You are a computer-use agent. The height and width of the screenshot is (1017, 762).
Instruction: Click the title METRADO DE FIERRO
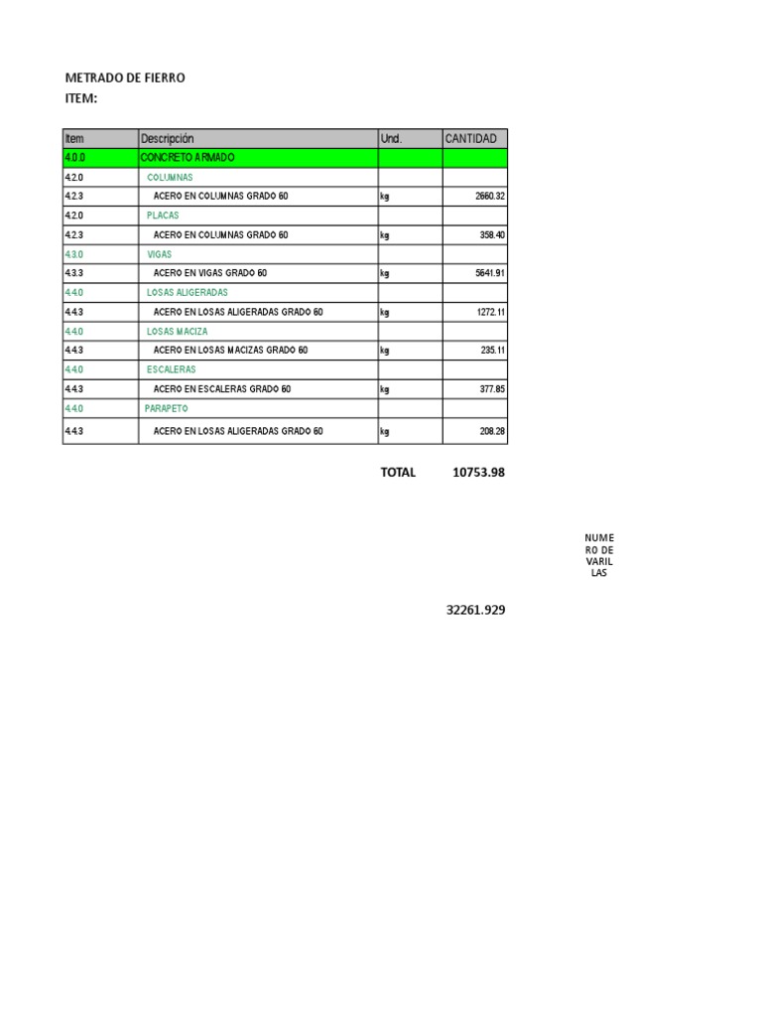click(125, 77)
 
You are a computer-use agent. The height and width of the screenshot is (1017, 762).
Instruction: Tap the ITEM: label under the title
click(80, 97)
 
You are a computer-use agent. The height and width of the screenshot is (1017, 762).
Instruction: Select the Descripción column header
click(168, 139)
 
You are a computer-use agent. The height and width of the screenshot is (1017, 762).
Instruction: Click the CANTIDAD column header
click(471, 139)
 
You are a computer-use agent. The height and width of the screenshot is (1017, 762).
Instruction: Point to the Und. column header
click(391, 139)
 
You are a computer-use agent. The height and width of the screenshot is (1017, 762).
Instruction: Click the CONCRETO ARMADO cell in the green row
click(189, 158)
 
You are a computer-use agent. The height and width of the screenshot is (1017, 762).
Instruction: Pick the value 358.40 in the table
click(489, 235)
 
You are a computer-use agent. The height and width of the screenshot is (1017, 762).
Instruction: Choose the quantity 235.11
click(489, 351)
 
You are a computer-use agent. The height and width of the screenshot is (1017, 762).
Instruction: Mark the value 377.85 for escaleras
click(489, 389)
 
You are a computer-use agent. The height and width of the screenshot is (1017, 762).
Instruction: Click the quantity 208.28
click(489, 432)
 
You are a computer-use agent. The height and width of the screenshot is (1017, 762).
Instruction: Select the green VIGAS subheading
click(159, 254)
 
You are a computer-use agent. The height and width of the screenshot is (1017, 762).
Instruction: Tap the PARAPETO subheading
click(167, 408)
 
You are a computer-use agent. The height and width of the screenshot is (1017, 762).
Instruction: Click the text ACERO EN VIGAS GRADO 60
click(210, 273)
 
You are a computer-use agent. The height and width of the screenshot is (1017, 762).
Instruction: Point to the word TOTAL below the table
click(398, 473)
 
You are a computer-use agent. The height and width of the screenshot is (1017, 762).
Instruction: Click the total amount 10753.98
click(478, 473)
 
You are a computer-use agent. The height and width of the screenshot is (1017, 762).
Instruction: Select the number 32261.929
click(475, 611)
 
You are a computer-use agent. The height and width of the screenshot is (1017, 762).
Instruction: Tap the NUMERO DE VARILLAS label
click(599, 556)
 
